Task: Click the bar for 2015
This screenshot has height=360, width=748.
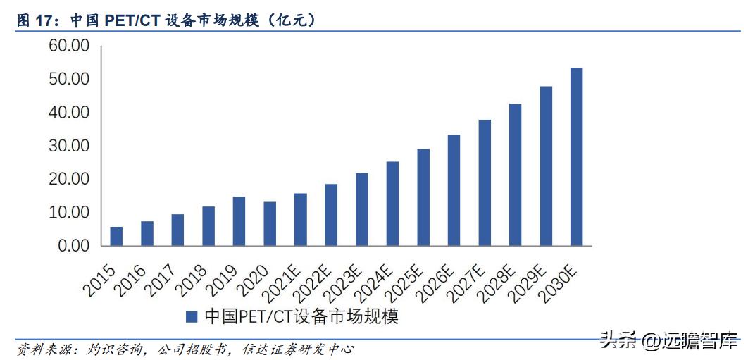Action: tap(116, 237)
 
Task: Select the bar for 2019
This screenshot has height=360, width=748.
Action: tap(239, 221)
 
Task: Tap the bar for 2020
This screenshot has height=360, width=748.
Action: tap(270, 224)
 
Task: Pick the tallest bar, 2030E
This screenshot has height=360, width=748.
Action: tap(576, 157)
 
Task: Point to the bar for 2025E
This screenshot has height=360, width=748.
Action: tap(423, 197)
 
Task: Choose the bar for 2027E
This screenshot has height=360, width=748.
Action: tap(484, 183)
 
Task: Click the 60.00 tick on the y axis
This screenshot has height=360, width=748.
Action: tap(68, 46)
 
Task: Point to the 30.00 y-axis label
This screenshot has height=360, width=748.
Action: tap(68, 146)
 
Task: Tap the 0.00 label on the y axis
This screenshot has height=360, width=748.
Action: tap(73, 246)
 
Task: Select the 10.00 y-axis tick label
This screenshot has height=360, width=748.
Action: tap(68, 212)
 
